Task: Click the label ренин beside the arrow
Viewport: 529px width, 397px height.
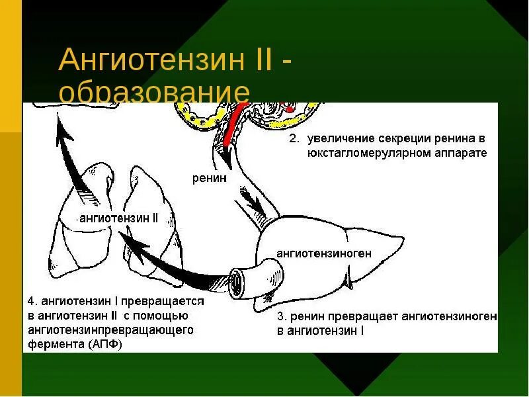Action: (210, 177)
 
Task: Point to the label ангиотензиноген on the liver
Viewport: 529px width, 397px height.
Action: (324, 253)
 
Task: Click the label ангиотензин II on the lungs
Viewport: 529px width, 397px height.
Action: (118, 218)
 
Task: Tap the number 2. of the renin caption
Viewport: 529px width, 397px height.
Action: (294, 140)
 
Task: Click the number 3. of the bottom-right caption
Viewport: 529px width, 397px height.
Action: (282, 317)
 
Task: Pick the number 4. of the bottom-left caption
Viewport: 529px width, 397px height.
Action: (32, 300)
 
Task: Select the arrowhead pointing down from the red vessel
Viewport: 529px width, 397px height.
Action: (225, 157)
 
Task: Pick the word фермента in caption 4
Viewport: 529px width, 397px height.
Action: (50, 344)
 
